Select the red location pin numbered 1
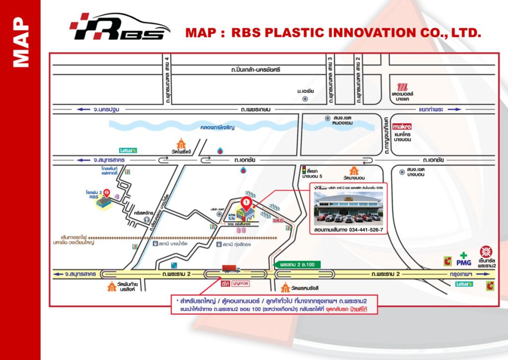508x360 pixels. [x=246, y=203]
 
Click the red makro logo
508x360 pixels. [x=402, y=127]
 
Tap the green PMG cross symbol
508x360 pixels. [x=463, y=256]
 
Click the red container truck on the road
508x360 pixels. [x=232, y=269]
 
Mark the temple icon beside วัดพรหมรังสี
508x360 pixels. [x=285, y=288]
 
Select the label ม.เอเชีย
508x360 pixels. [x=306, y=92]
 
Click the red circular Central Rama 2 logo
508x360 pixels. [x=485, y=251]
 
